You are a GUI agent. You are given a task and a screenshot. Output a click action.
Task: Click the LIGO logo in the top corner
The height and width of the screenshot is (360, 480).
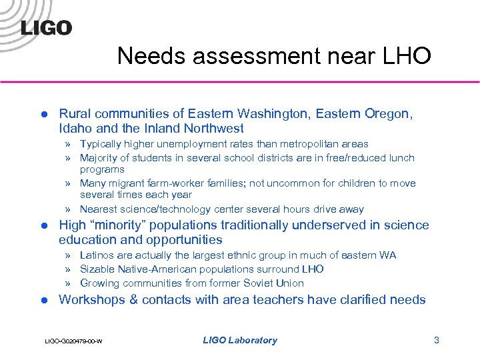pyautogui.click(x=45, y=27)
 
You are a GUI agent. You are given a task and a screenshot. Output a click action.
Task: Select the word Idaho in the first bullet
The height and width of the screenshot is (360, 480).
pyautogui.click(x=75, y=128)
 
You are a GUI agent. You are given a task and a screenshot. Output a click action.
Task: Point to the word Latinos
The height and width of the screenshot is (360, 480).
pyautogui.click(x=98, y=255)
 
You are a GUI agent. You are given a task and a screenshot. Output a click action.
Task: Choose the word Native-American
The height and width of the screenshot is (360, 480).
pyautogui.click(x=159, y=269)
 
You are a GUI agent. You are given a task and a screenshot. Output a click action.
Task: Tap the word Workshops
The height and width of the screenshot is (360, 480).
pyautogui.click(x=91, y=299)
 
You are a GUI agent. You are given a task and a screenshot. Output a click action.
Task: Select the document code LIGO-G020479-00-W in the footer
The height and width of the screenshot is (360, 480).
pyautogui.click(x=73, y=341)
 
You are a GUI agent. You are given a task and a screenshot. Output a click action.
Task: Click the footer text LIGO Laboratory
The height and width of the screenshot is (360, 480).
pyautogui.click(x=239, y=340)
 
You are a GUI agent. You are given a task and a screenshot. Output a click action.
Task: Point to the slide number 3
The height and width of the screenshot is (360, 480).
pyautogui.click(x=437, y=340)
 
